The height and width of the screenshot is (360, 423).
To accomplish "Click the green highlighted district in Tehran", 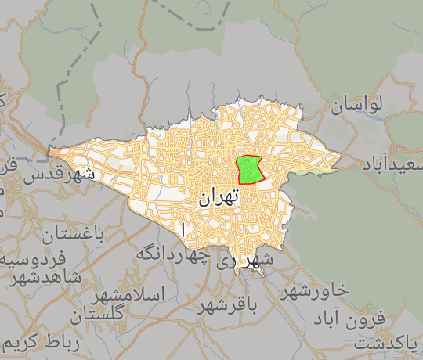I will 249,169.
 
